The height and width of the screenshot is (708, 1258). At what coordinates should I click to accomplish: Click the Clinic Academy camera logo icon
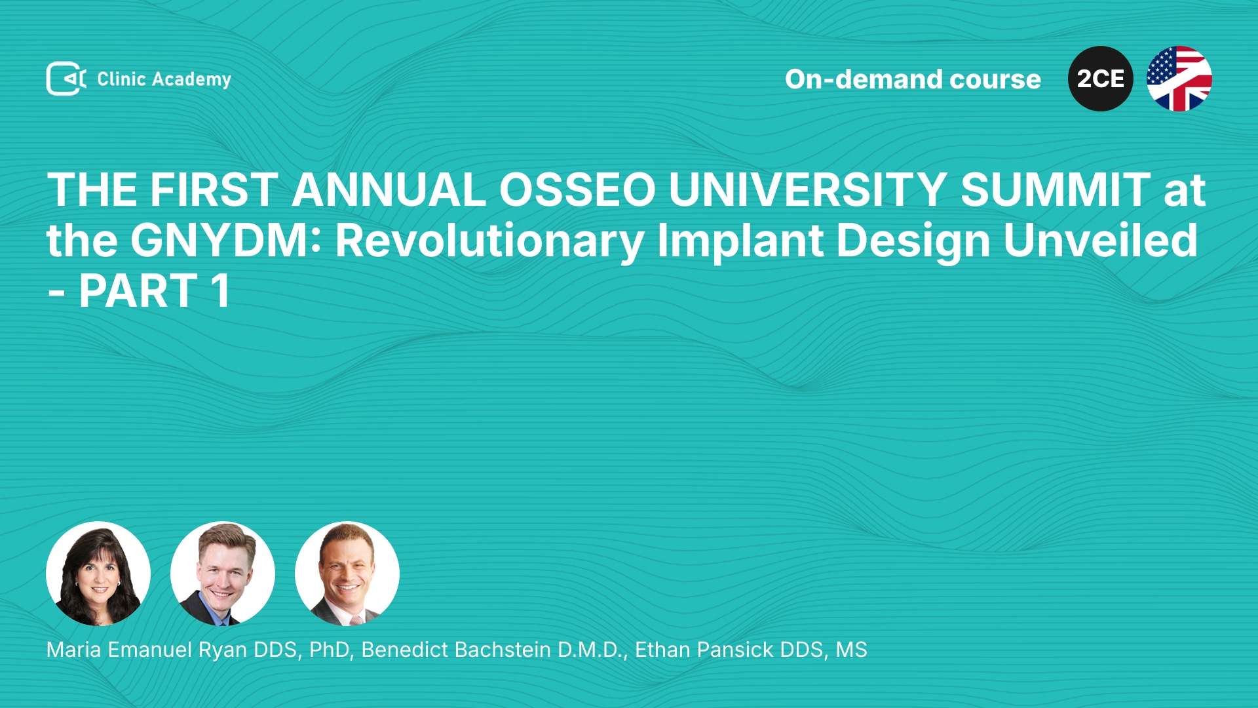[x=66, y=79]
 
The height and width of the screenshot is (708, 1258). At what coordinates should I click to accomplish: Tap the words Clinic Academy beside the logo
[x=164, y=79]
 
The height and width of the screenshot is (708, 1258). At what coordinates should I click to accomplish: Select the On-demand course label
[x=913, y=79]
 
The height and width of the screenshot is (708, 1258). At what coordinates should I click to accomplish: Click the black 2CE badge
[x=1101, y=79]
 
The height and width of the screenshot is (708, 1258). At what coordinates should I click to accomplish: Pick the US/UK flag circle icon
[x=1179, y=79]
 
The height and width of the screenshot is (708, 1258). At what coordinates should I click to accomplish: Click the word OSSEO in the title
[x=577, y=190]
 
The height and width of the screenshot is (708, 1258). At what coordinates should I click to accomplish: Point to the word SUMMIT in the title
[x=1056, y=190]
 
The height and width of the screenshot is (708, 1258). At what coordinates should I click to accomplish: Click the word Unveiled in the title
[x=1101, y=241]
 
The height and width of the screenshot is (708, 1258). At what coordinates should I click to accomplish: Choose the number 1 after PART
[x=221, y=291]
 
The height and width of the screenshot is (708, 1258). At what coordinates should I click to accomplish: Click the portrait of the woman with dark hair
[x=98, y=574]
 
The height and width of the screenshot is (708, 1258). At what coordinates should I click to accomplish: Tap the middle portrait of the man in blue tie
[x=223, y=574]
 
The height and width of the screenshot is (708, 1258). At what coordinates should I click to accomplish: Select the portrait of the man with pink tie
[x=347, y=574]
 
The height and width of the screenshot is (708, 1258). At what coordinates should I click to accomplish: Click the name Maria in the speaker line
[x=73, y=650]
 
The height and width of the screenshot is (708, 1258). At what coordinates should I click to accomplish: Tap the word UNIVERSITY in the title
[x=808, y=190]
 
